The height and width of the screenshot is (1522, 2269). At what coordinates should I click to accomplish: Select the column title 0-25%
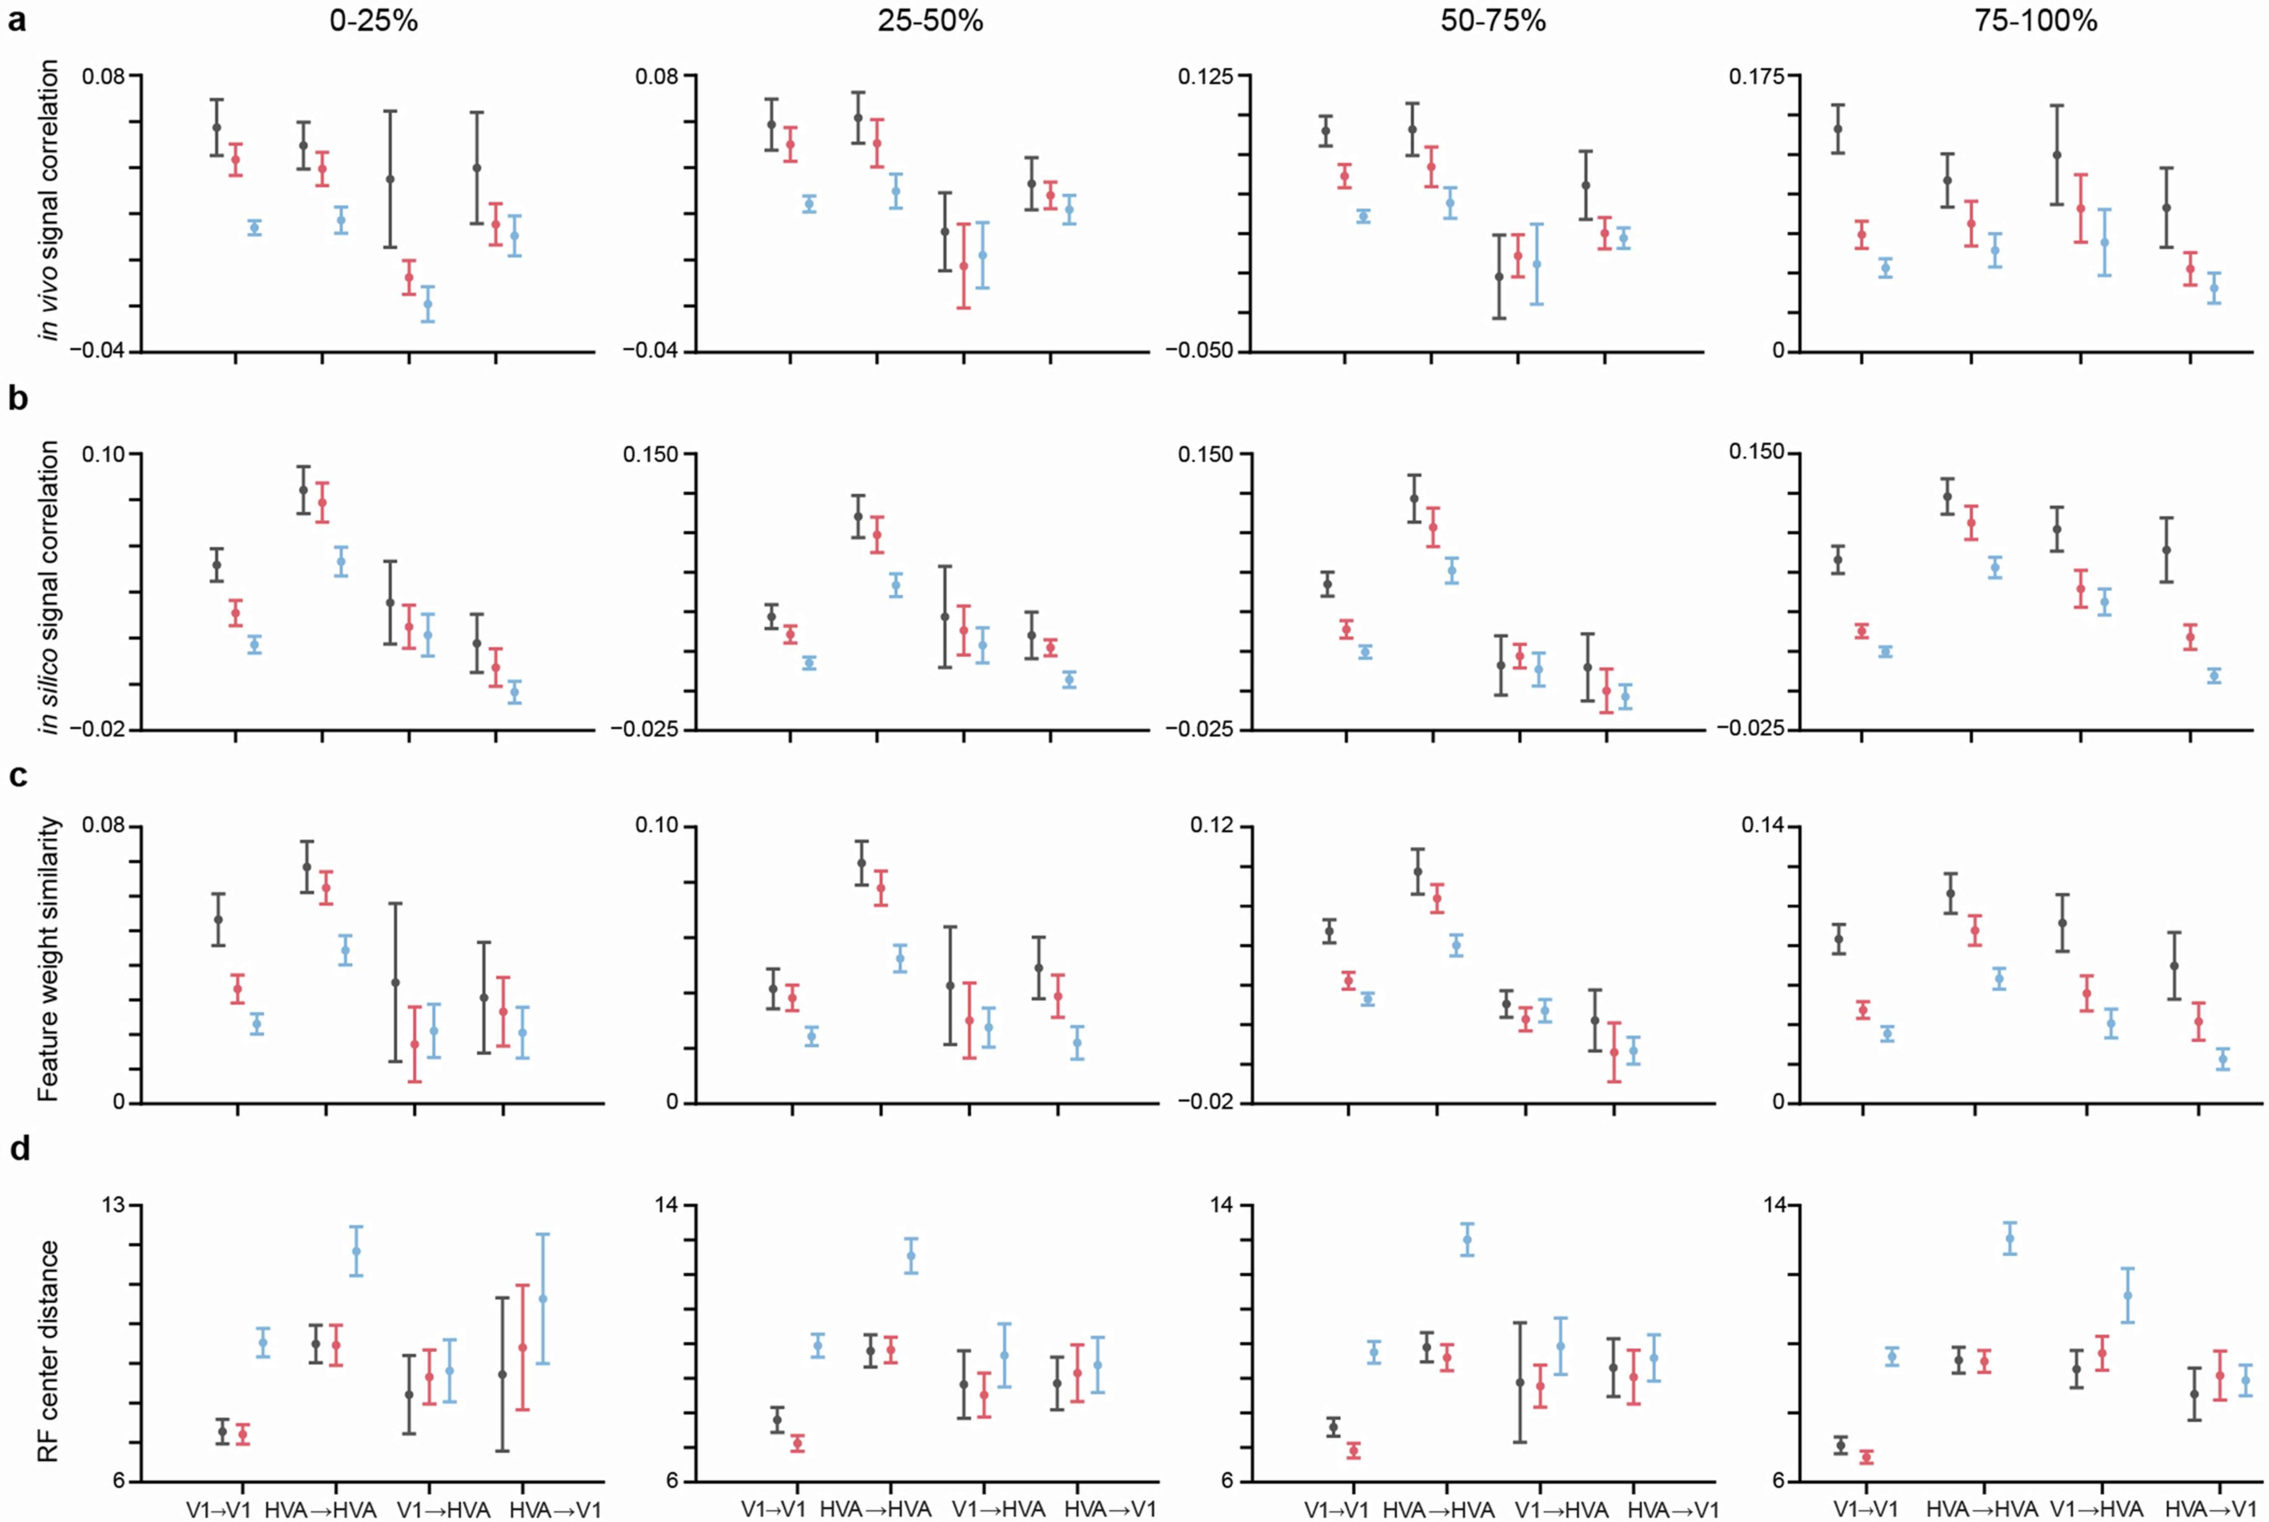point(374,21)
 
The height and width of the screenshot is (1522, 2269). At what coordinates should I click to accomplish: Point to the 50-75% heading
point(1493,21)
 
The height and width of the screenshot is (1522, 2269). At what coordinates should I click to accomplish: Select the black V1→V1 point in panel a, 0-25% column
point(217,127)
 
